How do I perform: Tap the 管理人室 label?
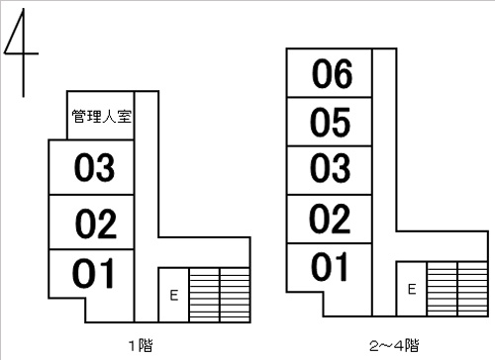102,117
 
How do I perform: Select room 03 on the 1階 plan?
91,167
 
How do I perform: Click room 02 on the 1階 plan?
91,223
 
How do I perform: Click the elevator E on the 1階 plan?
174,295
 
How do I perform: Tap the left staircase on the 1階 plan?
205,295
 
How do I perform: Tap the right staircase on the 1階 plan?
235,295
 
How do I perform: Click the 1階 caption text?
141,345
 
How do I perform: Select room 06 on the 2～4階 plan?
330,73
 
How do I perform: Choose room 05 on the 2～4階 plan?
330,122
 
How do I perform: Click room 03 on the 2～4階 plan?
330,170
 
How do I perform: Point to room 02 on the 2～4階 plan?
330,220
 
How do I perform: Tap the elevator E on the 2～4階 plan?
412,289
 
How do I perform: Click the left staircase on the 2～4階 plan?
443,289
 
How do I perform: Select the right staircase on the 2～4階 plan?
473,289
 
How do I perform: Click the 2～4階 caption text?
394,345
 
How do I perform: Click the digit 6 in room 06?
343,74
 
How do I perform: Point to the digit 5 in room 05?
341,123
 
